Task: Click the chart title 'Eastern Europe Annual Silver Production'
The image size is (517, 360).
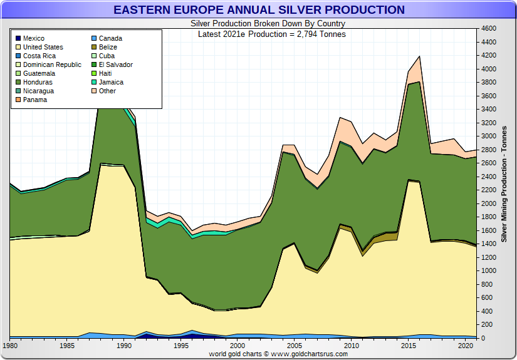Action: click(x=259, y=10)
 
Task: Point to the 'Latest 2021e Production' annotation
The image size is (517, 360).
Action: click(x=271, y=34)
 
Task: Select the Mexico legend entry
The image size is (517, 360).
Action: click(x=34, y=39)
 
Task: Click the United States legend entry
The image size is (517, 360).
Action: click(x=43, y=48)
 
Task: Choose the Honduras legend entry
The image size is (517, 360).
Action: click(x=38, y=83)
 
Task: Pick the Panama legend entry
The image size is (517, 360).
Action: click(x=35, y=100)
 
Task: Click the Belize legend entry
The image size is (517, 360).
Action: click(x=108, y=48)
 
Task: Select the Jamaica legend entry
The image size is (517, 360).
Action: click(x=111, y=83)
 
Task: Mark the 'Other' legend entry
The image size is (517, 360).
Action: click(x=108, y=91)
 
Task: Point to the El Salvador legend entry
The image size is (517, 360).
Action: click(x=116, y=65)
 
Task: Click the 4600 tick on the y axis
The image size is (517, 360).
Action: click(x=489, y=29)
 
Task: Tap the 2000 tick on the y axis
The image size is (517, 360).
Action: click(x=489, y=204)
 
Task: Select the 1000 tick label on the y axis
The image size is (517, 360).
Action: click(x=489, y=271)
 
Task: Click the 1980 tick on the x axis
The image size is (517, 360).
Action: click(x=11, y=346)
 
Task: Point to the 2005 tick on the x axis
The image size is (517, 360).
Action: click(x=295, y=346)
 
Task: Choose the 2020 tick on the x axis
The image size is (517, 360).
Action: click(x=465, y=346)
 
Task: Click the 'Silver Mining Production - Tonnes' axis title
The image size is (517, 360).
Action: click(x=504, y=183)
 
